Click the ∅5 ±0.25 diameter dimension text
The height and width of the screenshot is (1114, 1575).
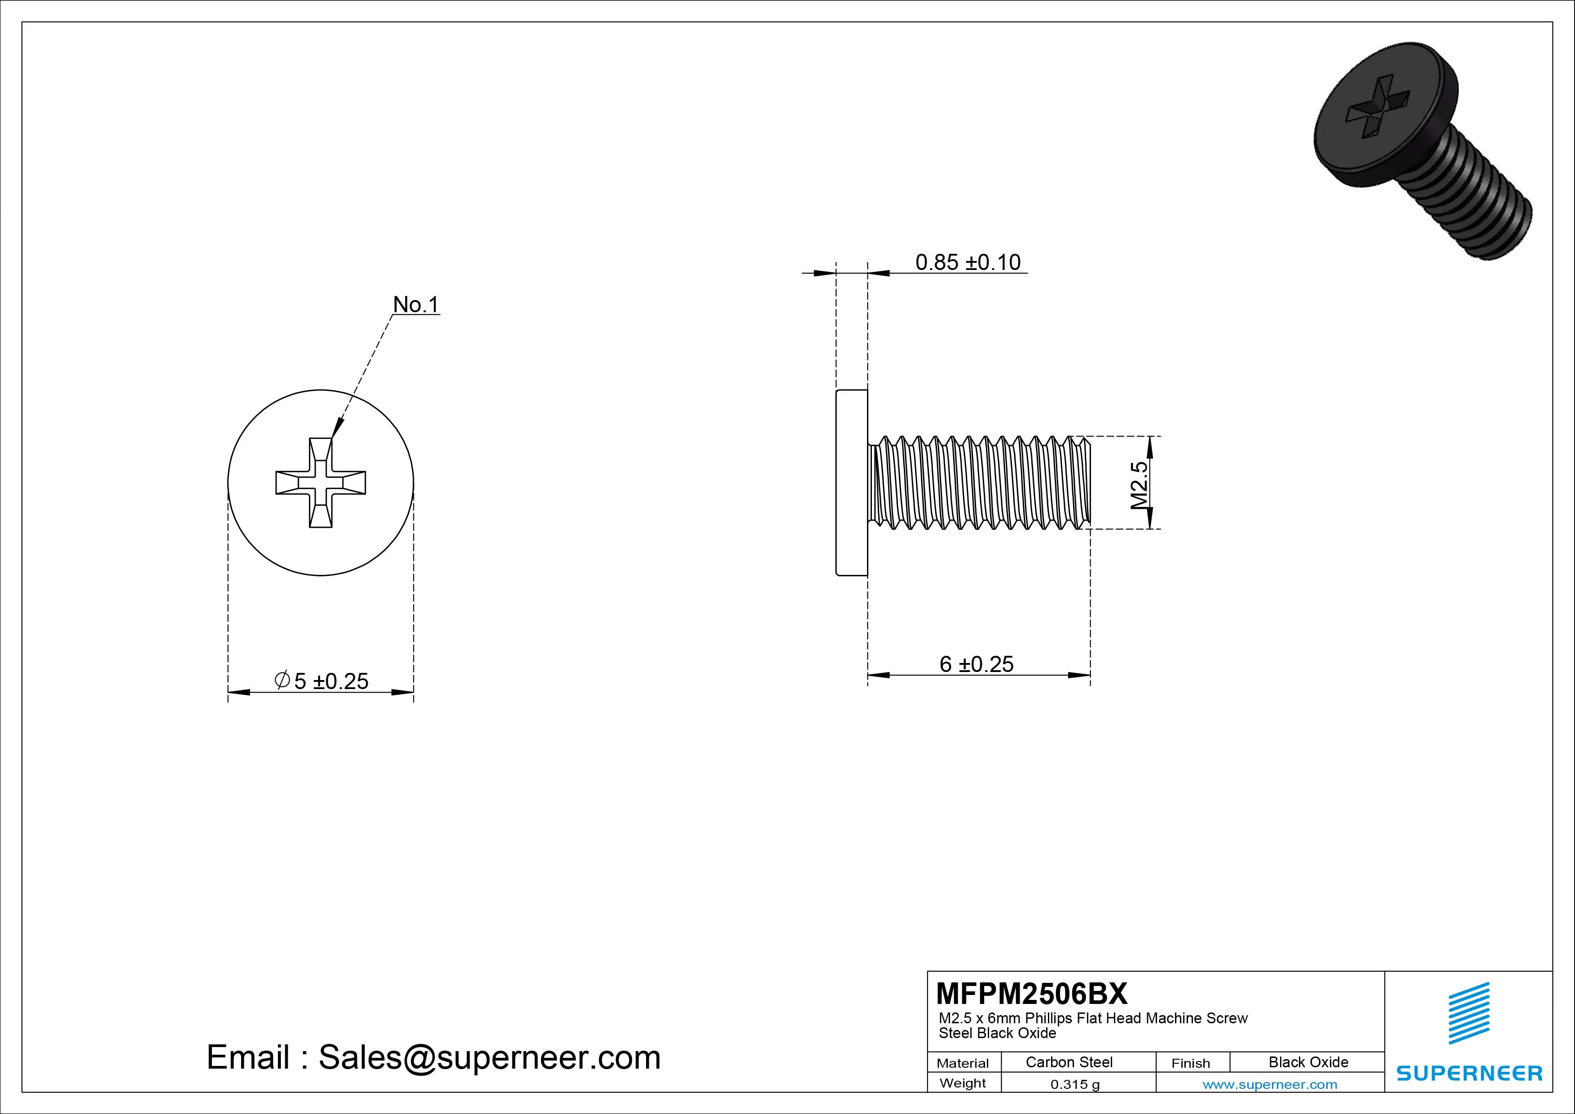[x=322, y=681]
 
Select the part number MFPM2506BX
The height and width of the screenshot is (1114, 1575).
[x=1031, y=993]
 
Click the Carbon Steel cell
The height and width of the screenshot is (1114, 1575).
[x=1069, y=1062]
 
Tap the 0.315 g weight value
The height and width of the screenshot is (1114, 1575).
[x=1074, y=1084]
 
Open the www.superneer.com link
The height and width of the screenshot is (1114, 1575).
[x=1270, y=1084]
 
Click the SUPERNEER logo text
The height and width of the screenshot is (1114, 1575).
[x=1469, y=1073]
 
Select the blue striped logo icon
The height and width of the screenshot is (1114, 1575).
[x=1469, y=1013]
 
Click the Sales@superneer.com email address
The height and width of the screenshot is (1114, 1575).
[x=489, y=1057]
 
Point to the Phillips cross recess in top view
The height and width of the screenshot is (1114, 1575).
[x=321, y=482]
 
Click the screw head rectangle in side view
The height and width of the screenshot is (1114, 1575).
[x=851, y=482]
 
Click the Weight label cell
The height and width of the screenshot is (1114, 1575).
[x=963, y=1083]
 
